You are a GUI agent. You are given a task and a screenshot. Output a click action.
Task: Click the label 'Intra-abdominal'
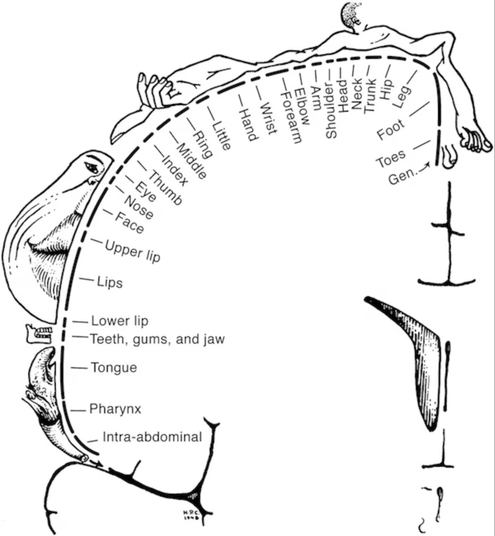[x=152, y=437]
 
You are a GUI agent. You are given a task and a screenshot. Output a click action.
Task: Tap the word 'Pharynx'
[x=115, y=409]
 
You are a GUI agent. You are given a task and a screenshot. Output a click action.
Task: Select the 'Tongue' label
[x=114, y=368]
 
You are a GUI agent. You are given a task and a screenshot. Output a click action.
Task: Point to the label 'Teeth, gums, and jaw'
[x=157, y=339]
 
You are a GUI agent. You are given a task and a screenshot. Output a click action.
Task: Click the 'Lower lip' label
[x=120, y=321]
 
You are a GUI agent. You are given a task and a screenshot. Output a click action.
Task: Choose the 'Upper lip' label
[x=133, y=251]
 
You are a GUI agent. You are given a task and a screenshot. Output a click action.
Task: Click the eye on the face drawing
[x=92, y=167]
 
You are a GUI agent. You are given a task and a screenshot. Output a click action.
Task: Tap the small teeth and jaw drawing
[x=39, y=333]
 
